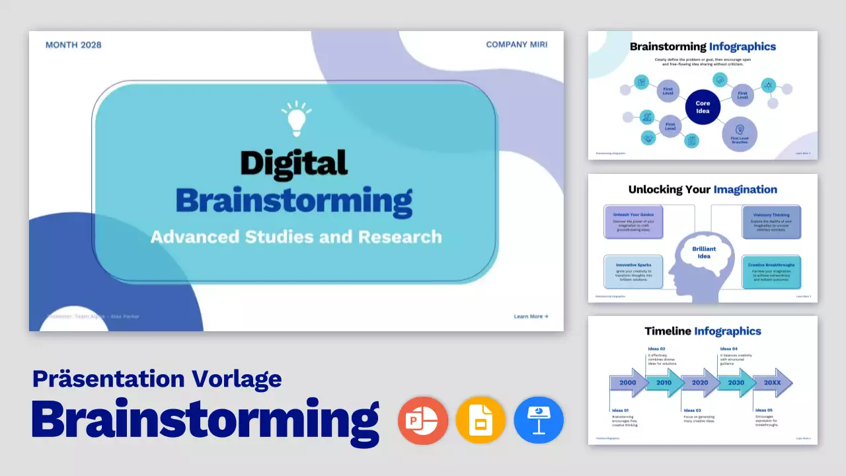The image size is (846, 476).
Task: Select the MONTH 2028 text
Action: point(73,45)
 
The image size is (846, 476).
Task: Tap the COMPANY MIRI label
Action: point(516,45)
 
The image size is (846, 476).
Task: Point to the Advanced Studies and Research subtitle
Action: point(295,236)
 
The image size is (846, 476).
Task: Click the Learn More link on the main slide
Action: point(531,317)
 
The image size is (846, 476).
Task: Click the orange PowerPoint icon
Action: point(423,420)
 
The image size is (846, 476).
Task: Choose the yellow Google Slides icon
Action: point(481,420)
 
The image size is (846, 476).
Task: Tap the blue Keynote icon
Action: point(539,420)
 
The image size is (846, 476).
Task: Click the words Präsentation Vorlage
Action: point(157,378)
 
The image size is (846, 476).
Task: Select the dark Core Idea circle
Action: point(703,107)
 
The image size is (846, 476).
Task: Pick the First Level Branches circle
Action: point(740,134)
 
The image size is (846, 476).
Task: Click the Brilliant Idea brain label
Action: point(704,253)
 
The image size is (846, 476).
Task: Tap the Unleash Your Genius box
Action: point(633,221)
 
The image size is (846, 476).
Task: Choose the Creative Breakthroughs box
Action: point(771,271)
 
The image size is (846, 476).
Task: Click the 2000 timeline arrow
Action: point(629,383)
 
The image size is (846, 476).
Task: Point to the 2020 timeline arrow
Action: point(700,383)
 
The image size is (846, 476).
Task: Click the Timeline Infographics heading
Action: point(703,331)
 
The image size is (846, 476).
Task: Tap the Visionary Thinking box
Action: point(771,221)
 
